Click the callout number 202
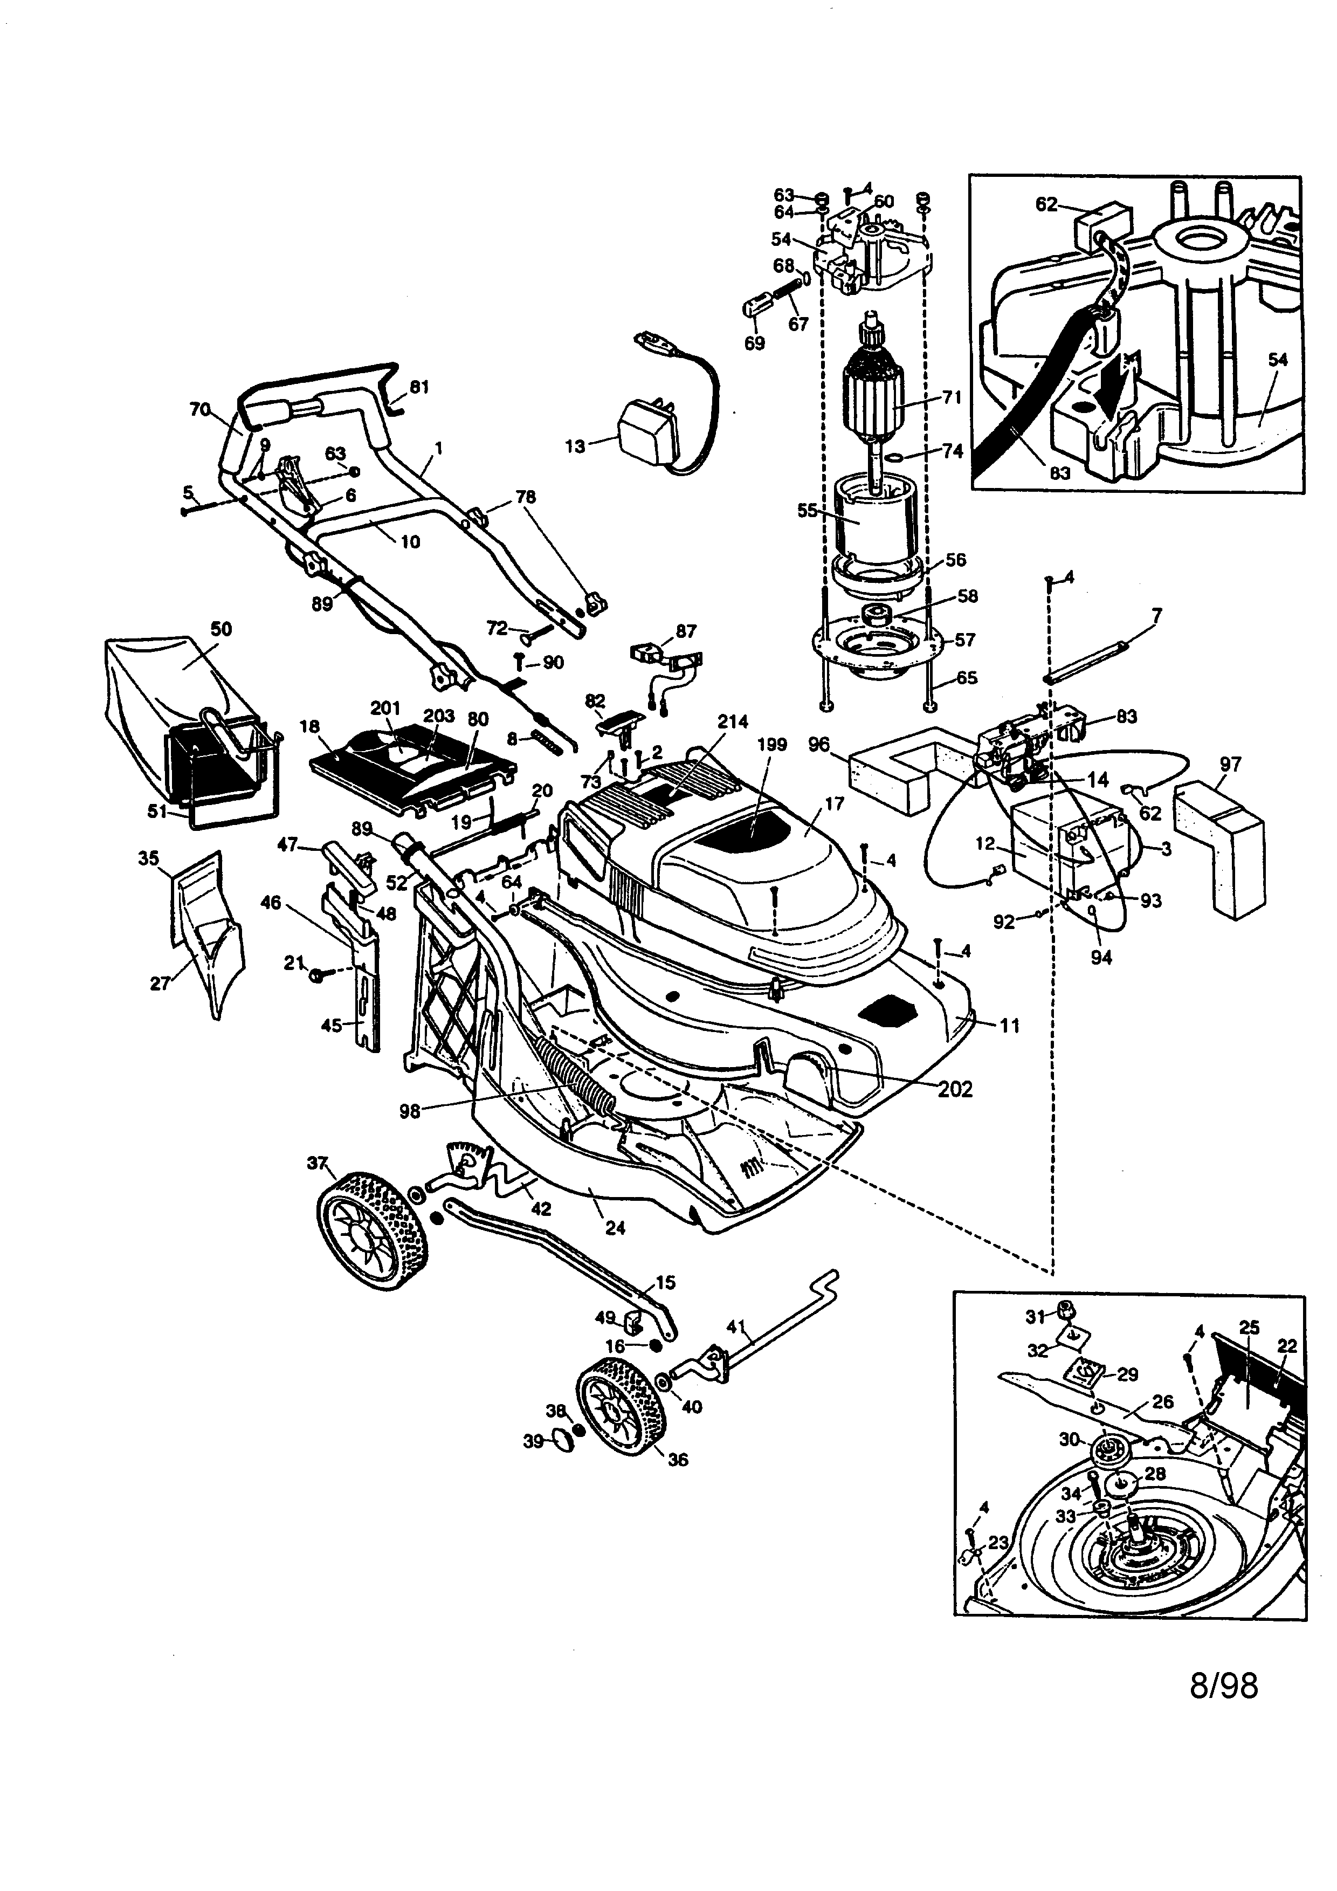(x=955, y=1089)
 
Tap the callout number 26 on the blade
(x=1162, y=1401)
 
